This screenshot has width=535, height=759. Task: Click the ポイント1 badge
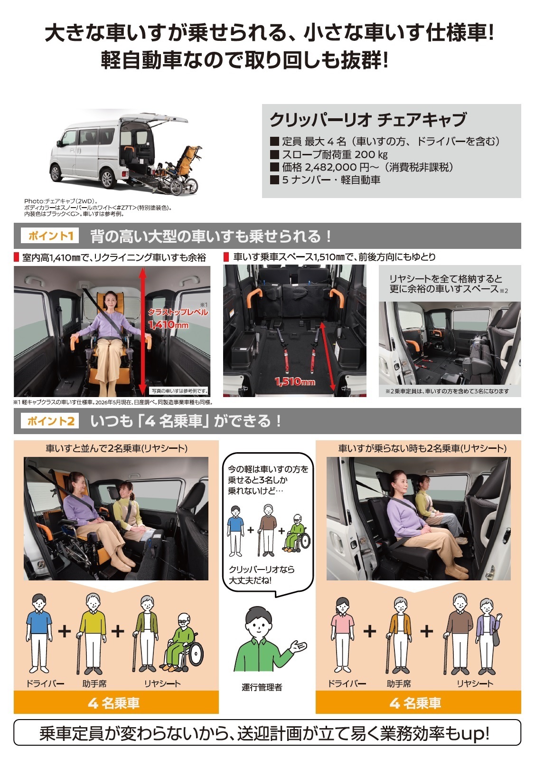[50, 236]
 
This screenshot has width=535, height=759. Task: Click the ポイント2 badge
[50, 421]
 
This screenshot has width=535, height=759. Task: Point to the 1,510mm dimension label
[295, 382]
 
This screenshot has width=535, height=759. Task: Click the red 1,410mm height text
[169, 325]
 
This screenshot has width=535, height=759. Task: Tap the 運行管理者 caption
[262, 687]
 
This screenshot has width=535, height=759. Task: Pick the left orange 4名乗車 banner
[116, 702]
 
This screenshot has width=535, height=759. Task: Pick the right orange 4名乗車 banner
[418, 702]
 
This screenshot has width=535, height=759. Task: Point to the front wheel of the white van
[56, 172]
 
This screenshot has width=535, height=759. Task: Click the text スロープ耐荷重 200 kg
[335, 154]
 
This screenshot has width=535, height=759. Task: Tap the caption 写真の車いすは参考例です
[179, 391]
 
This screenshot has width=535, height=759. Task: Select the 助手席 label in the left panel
[94, 683]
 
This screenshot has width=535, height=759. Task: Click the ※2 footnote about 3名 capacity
[447, 391]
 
